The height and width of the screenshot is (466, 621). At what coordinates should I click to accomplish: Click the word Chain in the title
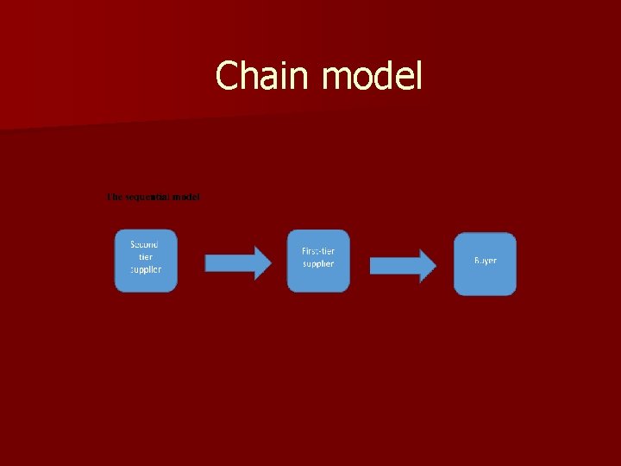[x=264, y=76]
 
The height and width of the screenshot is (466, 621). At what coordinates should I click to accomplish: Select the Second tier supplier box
[x=145, y=261]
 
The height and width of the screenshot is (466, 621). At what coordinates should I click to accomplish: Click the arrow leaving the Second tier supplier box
[x=231, y=261]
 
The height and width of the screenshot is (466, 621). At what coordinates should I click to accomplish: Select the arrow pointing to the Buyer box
[x=401, y=264]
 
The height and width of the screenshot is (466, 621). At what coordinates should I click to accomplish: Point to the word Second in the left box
[x=145, y=244]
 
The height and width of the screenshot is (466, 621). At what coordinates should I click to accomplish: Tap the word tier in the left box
[x=145, y=256]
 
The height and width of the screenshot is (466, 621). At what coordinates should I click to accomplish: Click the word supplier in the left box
[x=145, y=268]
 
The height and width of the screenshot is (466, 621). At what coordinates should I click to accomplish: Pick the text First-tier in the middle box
[x=318, y=251]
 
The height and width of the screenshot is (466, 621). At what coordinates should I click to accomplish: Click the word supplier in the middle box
[x=318, y=263]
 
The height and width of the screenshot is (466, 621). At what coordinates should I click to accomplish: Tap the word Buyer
[x=485, y=260]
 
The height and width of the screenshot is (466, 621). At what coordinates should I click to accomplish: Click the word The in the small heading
[x=114, y=197]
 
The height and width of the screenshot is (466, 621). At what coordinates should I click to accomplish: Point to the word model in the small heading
[x=185, y=197]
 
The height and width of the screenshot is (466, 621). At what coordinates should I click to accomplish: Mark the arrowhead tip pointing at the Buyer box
[x=436, y=264]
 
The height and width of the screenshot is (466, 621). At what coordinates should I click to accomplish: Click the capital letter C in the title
[x=227, y=76]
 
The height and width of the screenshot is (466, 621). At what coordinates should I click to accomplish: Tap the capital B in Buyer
[x=477, y=260]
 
